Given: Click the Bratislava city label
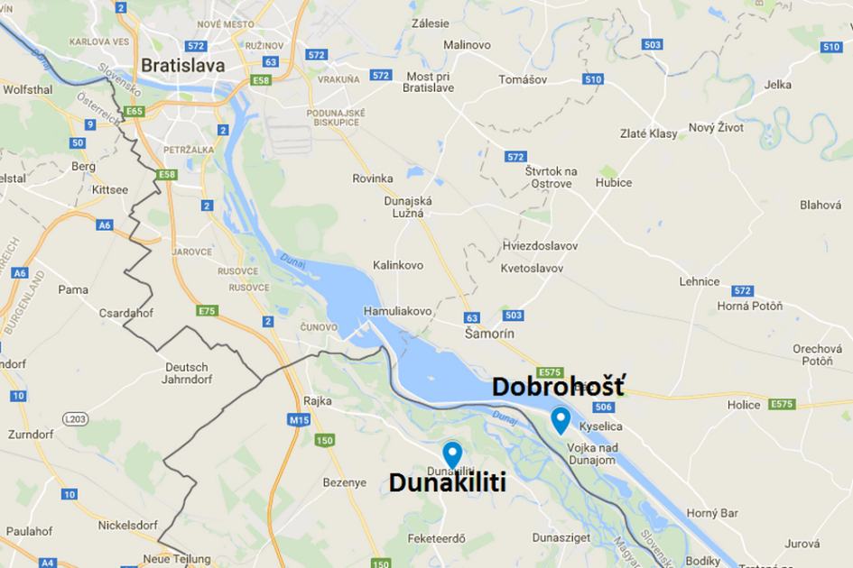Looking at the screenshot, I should (x=182, y=65).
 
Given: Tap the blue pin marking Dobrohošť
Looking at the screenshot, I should (x=561, y=419).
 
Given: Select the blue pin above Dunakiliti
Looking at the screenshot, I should (x=452, y=453).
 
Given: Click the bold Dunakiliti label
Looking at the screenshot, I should (x=447, y=483).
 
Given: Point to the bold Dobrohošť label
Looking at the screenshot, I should (x=557, y=388).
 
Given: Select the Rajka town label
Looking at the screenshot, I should (x=319, y=400).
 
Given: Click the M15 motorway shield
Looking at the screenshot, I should (x=299, y=419).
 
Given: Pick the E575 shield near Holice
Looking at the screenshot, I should (x=782, y=404).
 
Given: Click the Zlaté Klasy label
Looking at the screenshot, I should (x=648, y=133).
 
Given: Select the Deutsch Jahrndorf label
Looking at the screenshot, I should (x=187, y=372).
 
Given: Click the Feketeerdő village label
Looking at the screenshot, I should (x=436, y=538).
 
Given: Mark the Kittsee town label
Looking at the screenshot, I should (x=110, y=190).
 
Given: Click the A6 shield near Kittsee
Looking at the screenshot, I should (x=105, y=224).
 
